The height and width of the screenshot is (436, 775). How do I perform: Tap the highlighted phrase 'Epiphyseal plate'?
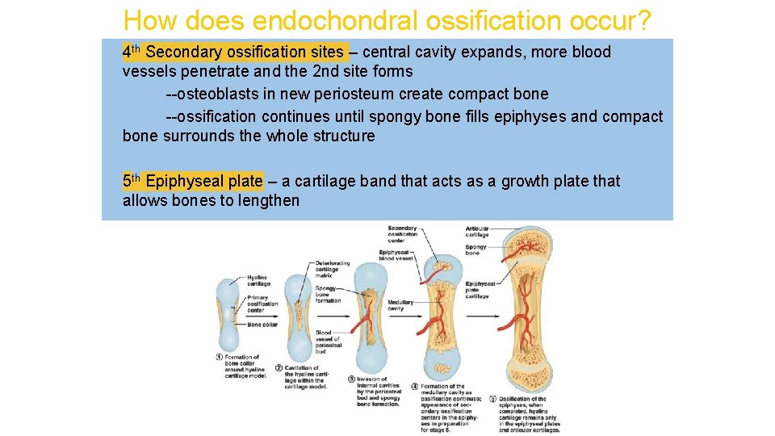click(x=204, y=181)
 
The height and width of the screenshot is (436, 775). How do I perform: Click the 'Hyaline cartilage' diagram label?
click(x=258, y=280)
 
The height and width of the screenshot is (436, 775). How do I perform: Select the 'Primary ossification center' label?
click(x=262, y=304)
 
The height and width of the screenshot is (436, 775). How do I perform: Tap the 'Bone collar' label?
click(x=262, y=325)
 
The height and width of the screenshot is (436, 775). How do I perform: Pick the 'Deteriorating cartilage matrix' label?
click(x=332, y=269)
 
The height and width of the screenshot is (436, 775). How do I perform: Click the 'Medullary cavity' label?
click(x=400, y=305)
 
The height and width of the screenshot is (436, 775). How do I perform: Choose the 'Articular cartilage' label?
click(x=477, y=232)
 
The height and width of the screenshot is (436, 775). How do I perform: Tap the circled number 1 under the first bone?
click(x=219, y=357)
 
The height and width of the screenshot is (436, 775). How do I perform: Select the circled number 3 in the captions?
click(x=352, y=379)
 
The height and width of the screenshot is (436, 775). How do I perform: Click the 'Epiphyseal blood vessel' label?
click(x=396, y=255)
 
